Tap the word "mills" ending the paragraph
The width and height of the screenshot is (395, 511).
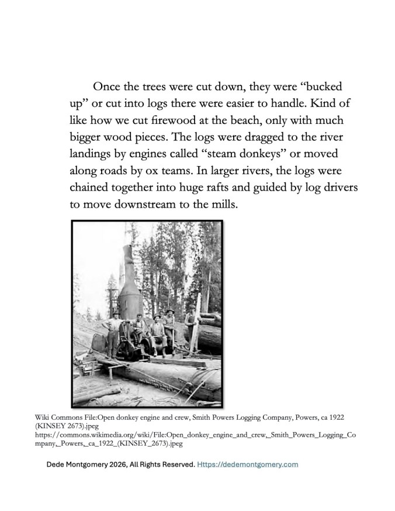(223, 206)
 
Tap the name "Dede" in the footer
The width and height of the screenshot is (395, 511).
(58, 465)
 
